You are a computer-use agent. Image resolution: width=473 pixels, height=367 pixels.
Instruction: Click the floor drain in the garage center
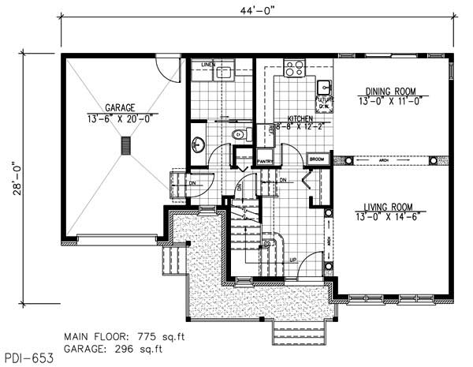pyautogui.click(x=123, y=146)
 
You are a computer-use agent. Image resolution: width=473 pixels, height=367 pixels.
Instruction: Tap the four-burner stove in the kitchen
pyautogui.click(x=295, y=69)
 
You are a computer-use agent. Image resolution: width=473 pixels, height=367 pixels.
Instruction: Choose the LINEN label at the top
pyautogui.click(x=208, y=63)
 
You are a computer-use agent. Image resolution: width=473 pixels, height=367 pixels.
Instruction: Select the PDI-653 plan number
pyautogui.click(x=28, y=358)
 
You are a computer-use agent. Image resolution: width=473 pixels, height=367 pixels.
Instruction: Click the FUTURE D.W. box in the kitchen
pyautogui.click(x=323, y=102)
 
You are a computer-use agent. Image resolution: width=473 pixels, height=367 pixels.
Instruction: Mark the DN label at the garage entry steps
pyautogui.click(x=192, y=184)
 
